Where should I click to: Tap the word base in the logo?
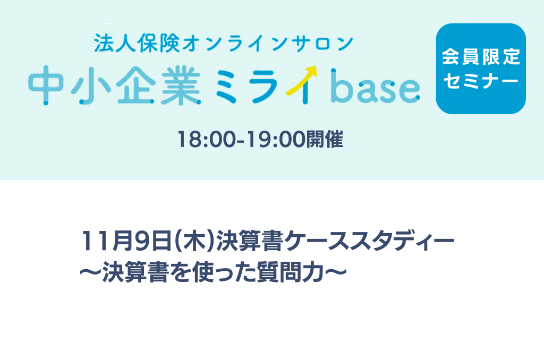pyautogui.click(x=375, y=86)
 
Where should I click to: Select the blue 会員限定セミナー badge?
pyautogui.click(x=481, y=68)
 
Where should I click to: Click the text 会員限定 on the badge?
pyautogui.click(x=481, y=57)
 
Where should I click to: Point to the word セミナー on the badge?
pyautogui.click(x=481, y=81)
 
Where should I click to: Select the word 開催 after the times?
pyautogui.click(x=325, y=140)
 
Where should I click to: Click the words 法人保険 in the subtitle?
pyautogui.click(x=137, y=44)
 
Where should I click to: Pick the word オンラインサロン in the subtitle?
pyautogui.click(x=268, y=44)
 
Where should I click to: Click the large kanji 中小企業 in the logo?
pyautogui.click(x=115, y=87)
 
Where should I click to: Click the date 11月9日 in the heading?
pyautogui.click(x=126, y=241)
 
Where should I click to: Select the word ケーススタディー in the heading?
pyautogui.click(x=369, y=241)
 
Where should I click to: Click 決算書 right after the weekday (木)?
pyautogui.click(x=250, y=241)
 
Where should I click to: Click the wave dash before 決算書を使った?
pyautogui.click(x=91, y=272)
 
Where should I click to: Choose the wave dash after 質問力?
pyautogui.click(x=336, y=272)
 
